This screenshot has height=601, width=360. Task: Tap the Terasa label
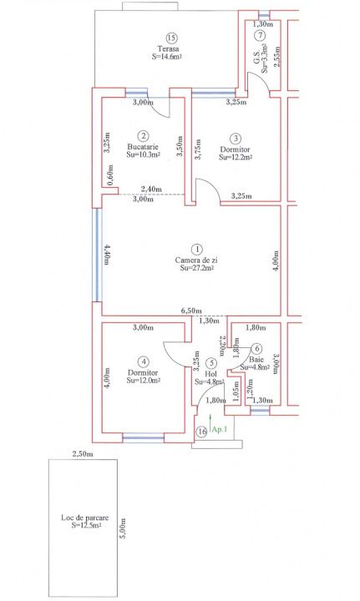168,49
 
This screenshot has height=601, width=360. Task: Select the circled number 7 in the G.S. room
260,35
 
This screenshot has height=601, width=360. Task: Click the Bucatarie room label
143,147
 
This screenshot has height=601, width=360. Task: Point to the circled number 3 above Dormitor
236,138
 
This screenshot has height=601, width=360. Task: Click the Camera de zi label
196,260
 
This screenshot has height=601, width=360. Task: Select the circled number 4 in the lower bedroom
144,361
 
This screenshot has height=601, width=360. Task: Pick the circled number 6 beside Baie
257,348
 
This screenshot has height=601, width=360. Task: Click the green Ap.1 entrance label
220,430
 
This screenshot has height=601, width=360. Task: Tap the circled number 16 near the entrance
201,432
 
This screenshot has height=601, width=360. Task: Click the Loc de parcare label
84,518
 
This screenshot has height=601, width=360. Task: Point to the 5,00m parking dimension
123,528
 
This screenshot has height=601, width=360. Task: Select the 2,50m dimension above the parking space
83,454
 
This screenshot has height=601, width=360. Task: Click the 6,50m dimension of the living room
191,311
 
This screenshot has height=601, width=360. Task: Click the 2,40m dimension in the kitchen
151,189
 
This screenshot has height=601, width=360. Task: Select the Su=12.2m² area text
236,157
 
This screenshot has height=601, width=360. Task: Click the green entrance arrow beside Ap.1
210,422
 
